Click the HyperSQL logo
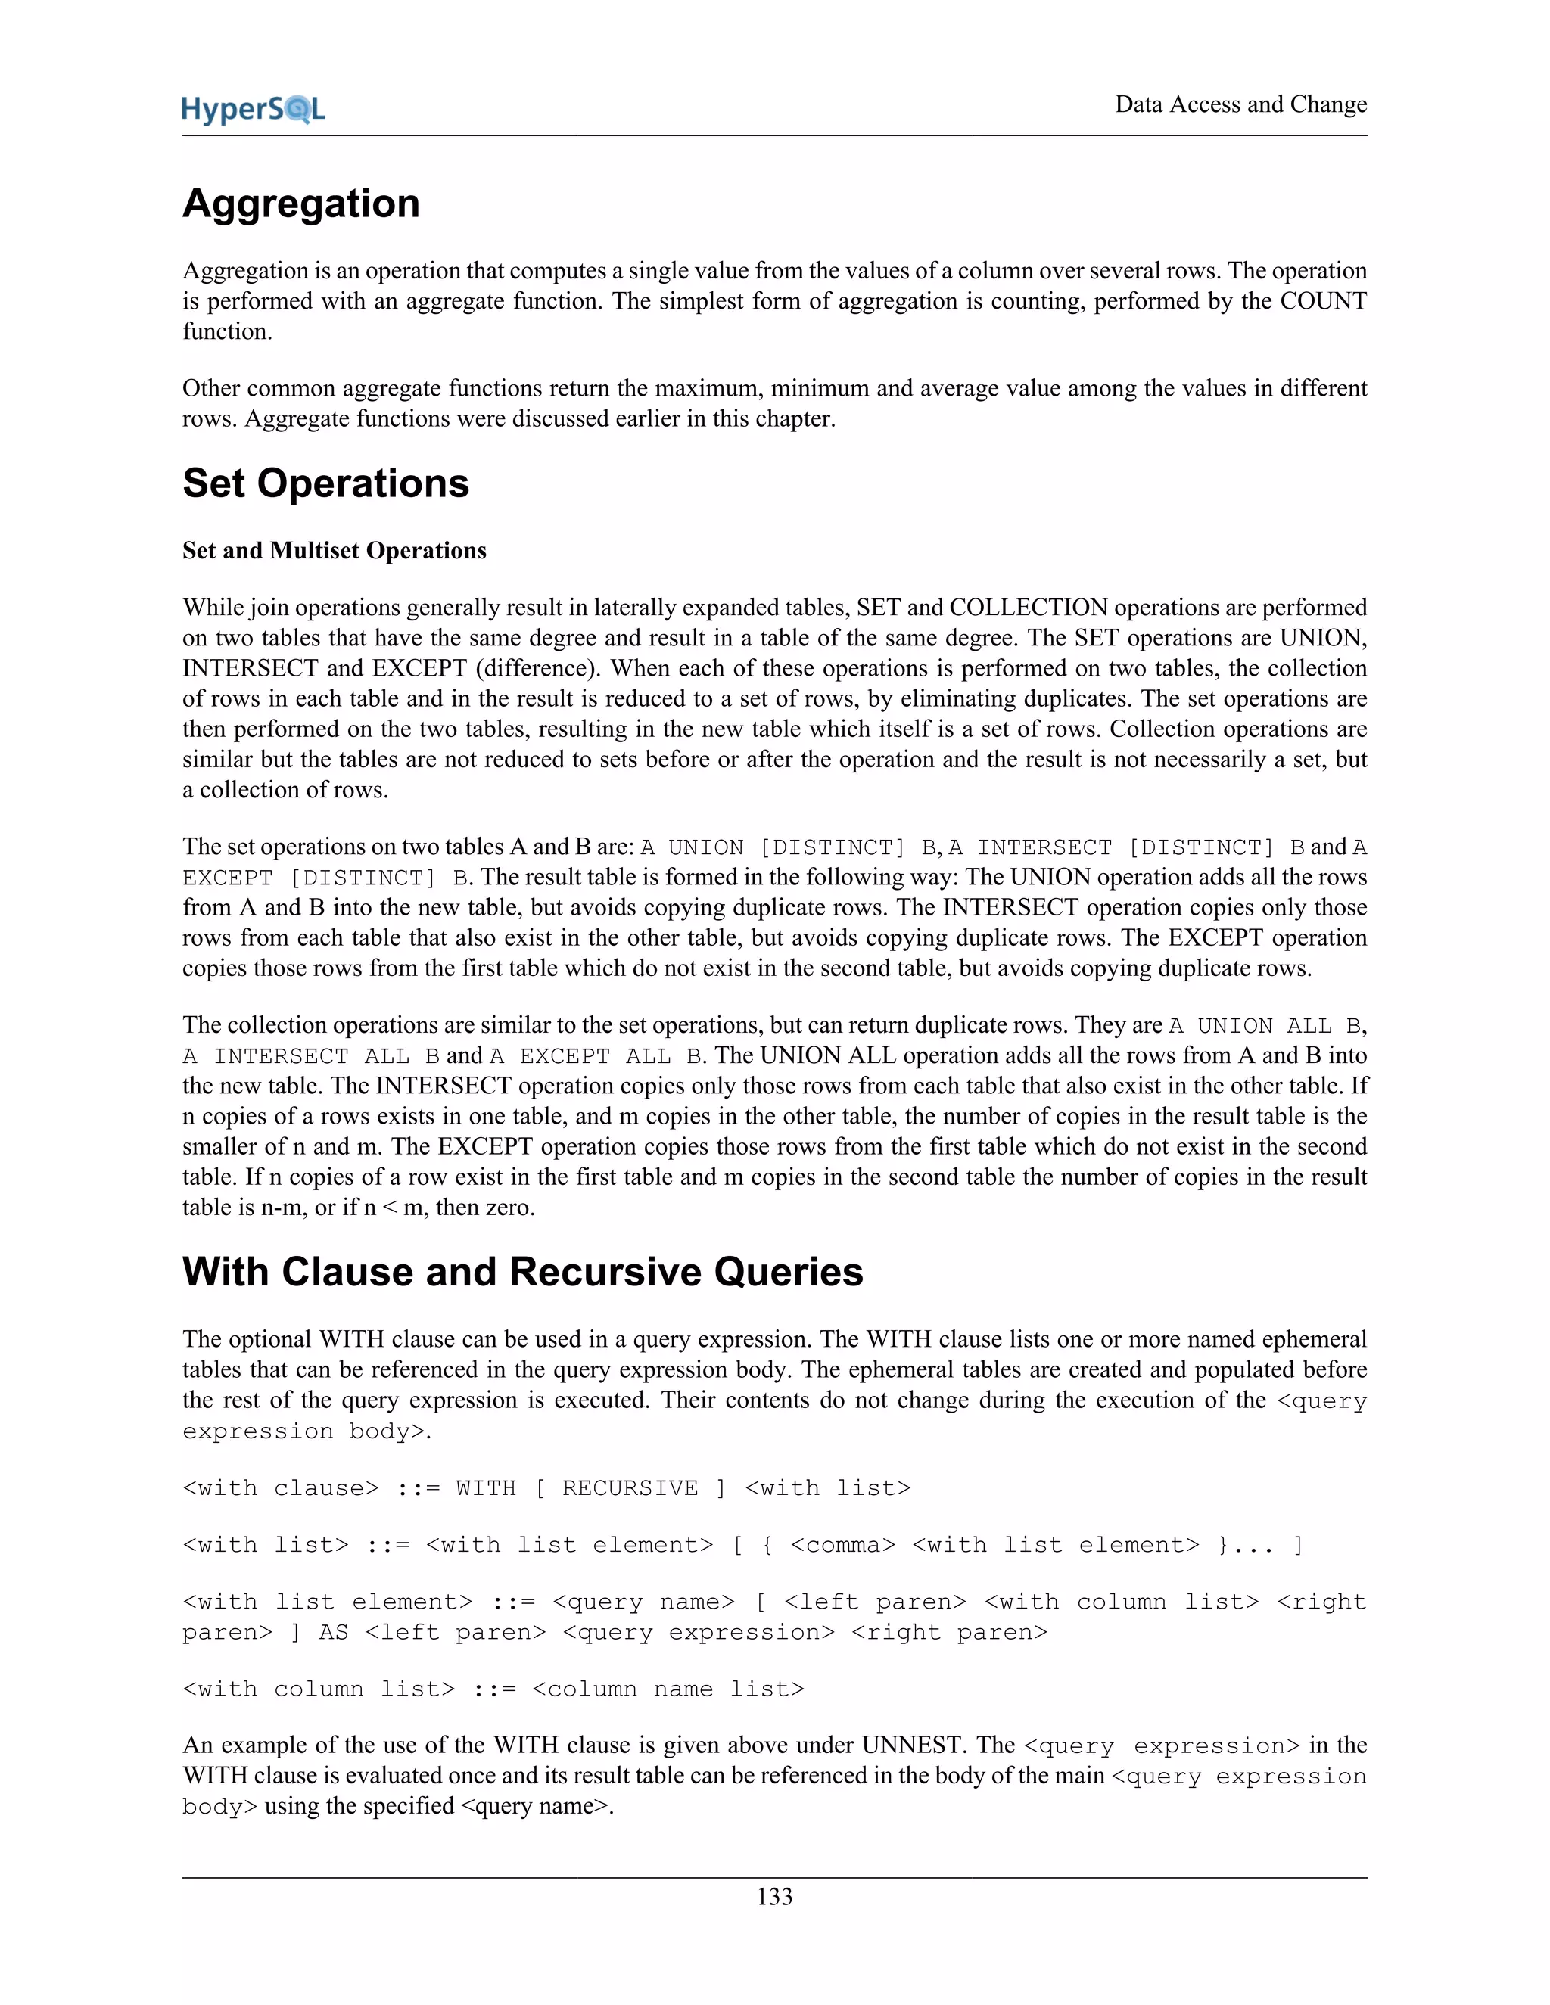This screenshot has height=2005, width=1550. [x=254, y=109]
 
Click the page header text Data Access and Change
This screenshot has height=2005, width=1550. [x=1240, y=104]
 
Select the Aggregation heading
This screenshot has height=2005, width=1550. [x=301, y=204]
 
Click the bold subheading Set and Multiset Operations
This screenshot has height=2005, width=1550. [x=335, y=551]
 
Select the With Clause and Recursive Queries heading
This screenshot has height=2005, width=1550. [x=522, y=1273]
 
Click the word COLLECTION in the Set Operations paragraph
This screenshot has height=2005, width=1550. [x=1029, y=608]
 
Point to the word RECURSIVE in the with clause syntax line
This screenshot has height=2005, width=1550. [x=630, y=1488]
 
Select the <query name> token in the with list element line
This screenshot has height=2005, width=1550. [x=643, y=1602]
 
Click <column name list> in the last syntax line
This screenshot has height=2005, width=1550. [x=668, y=1689]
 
